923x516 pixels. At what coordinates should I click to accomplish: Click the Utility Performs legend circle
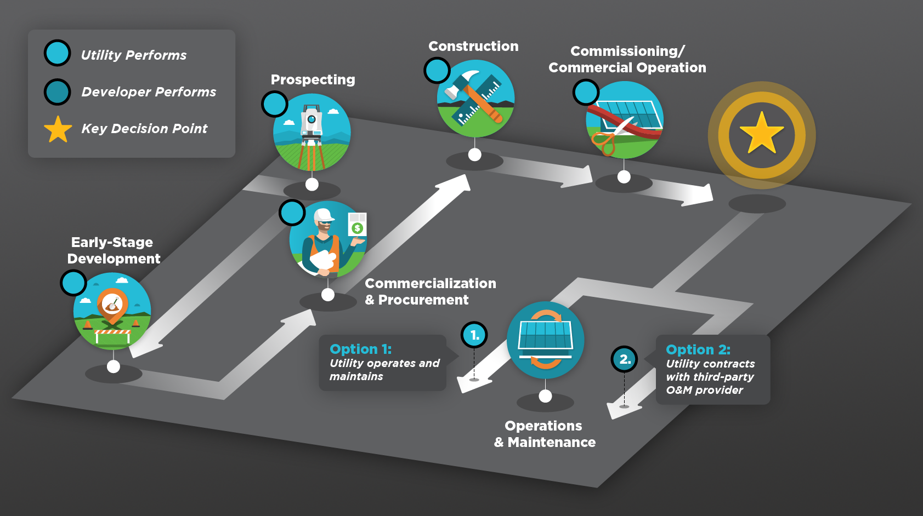[x=58, y=53]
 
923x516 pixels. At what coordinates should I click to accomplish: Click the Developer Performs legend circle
[x=58, y=92]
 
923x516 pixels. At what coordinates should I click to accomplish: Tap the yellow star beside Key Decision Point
[x=58, y=129]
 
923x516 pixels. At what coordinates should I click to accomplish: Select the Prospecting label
[x=313, y=80]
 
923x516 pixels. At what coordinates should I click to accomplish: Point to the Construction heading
[x=473, y=47]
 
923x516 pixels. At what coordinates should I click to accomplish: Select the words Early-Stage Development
[x=113, y=250]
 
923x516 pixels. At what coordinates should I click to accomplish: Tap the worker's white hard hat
[x=324, y=215]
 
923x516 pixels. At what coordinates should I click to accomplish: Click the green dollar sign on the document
[x=358, y=228]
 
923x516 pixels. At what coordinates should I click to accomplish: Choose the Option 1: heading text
[x=360, y=349]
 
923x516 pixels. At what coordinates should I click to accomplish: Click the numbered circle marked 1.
[x=474, y=335]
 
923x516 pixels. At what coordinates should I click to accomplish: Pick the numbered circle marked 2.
[x=624, y=359]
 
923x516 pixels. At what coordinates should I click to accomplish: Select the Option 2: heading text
[x=698, y=349]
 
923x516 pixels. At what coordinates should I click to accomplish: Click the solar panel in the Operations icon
[x=545, y=334]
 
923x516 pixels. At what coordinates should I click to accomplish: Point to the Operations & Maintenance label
[x=545, y=434]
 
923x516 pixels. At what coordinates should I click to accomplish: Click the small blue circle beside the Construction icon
[x=437, y=70]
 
